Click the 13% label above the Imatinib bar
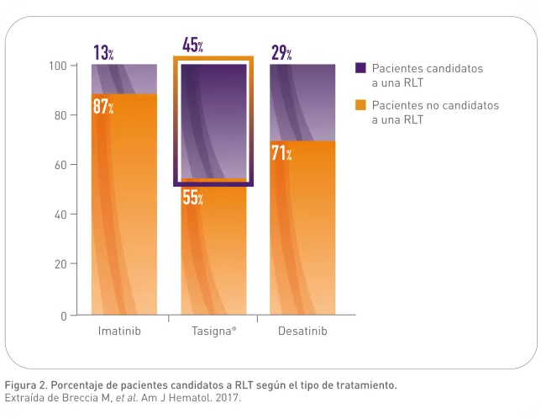103,53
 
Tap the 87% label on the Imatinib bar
103,107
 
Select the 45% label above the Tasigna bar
192,45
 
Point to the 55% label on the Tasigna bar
192,199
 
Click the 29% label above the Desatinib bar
281,53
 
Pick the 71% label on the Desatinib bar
281,153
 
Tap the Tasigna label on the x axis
209,331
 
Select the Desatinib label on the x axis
302,331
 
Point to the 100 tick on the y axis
58,66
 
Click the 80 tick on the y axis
60,115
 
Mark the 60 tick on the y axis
60,165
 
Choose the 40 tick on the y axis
60,215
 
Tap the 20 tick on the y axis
60,264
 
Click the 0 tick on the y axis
63,316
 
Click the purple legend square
360,69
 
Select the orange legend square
360,106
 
